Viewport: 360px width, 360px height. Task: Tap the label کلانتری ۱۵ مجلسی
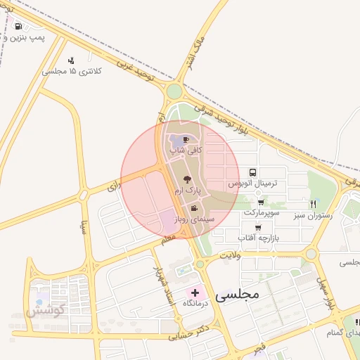click(72, 71)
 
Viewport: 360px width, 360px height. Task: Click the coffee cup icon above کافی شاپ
click(186, 139)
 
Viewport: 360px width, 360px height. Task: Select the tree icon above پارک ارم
click(186, 180)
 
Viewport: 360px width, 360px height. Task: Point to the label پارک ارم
click(188, 191)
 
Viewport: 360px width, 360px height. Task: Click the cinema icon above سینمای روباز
click(194, 208)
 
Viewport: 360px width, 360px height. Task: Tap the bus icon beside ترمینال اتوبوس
click(252, 172)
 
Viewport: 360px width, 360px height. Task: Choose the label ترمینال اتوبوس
click(259, 184)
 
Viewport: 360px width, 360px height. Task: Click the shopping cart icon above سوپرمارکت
click(261, 202)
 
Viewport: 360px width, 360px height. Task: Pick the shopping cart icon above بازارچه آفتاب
click(259, 228)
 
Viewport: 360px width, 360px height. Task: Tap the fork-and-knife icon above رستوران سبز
click(312, 204)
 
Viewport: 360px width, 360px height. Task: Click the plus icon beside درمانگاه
click(195, 291)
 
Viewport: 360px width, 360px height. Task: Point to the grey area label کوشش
click(46, 309)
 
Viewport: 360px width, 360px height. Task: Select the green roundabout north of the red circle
click(174, 91)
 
